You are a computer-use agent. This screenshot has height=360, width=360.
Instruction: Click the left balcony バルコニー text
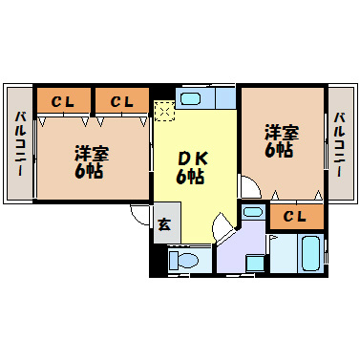pyautogui.click(x=19, y=144)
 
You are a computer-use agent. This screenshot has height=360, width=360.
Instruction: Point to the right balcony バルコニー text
pyautogui.click(x=339, y=144)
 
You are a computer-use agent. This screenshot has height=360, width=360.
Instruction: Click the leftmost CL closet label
pyautogui.click(x=64, y=100)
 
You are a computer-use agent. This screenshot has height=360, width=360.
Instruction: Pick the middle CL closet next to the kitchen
pyautogui.click(x=121, y=100)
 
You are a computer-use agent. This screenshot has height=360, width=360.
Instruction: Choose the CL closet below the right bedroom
pyautogui.click(x=295, y=217)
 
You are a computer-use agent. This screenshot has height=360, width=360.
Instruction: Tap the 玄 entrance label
pyautogui.click(x=163, y=225)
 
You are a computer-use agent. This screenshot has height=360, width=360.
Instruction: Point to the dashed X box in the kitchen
pyautogui.click(x=164, y=112)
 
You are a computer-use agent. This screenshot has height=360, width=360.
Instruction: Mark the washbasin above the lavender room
pyautogui.click(x=252, y=212)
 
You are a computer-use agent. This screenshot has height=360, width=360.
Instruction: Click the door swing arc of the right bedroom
pyautogui.click(x=248, y=188)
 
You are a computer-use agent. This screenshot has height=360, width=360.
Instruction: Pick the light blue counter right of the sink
pyautogui.click(x=225, y=97)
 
